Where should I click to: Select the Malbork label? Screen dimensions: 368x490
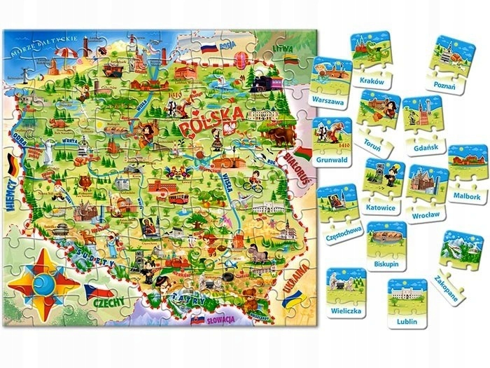467,197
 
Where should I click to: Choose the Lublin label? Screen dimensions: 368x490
407,320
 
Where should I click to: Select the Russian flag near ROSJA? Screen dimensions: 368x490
209,49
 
